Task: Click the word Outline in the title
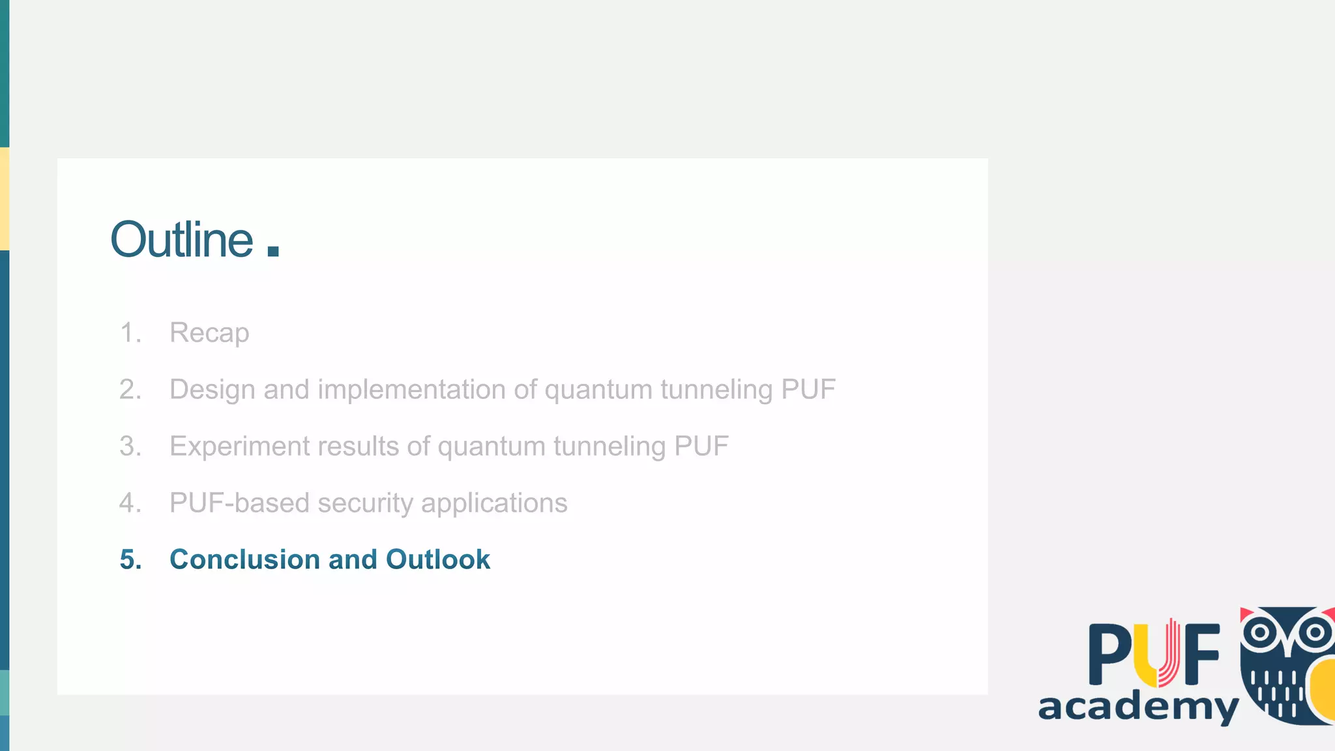(182, 240)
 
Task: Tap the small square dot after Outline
(273, 251)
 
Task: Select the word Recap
(209, 333)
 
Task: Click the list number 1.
(130, 333)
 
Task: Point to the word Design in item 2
(213, 390)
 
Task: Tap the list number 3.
(130, 447)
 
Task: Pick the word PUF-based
(240, 503)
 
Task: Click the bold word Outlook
(437, 559)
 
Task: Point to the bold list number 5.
(130, 559)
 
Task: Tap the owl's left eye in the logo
(1260, 632)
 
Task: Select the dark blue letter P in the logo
(1111, 654)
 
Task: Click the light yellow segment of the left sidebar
(5, 199)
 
